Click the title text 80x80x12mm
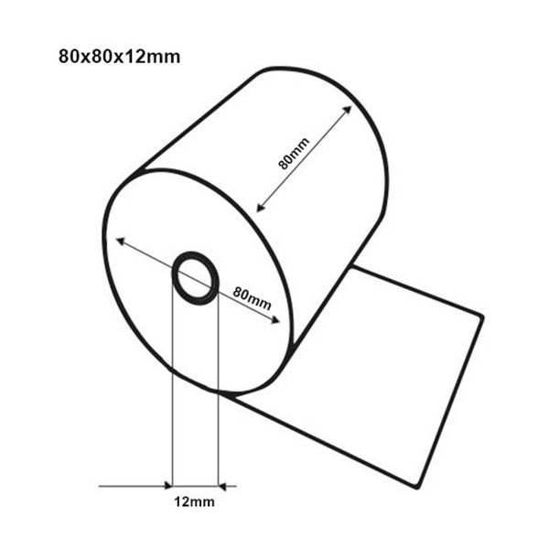[119, 57]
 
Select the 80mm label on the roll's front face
[253, 296]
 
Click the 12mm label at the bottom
[194, 502]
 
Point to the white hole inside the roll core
[196, 277]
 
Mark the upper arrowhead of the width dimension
[349, 110]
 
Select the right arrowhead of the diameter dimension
[276, 319]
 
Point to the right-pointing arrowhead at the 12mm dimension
[167, 486]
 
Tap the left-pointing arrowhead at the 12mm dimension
[223, 486]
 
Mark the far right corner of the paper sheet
[482, 316]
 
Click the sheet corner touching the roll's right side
[354, 267]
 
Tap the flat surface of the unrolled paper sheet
[384, 375]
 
